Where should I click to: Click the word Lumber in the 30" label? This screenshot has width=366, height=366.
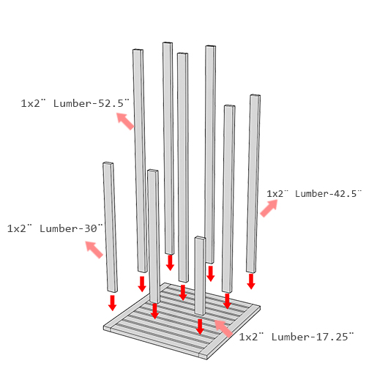click(x=59, y=228)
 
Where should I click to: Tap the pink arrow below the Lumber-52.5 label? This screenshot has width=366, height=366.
click(x=125, y=121)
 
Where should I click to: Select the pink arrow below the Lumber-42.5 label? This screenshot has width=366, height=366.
click(x=269, y=208)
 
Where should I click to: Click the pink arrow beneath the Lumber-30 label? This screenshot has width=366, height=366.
click(x=94, y=250)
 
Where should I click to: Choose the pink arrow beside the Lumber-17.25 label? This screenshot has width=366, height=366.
click(x=223, y=329)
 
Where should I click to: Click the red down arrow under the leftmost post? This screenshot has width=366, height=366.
click(x=112, y=303)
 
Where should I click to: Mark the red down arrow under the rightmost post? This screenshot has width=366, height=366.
click(x=251, y=281)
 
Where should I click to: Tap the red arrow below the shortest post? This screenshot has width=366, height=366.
click(x=200, y=326)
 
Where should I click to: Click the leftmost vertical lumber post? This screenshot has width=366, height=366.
click(x=110, y=227)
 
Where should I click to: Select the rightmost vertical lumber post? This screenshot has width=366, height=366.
click(x=253, y=184)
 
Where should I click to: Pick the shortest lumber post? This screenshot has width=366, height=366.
click(x=200, y=276)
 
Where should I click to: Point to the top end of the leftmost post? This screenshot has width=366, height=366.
click(x=108, y=163)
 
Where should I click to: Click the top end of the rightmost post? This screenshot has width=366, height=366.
click(x=255, y=96)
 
